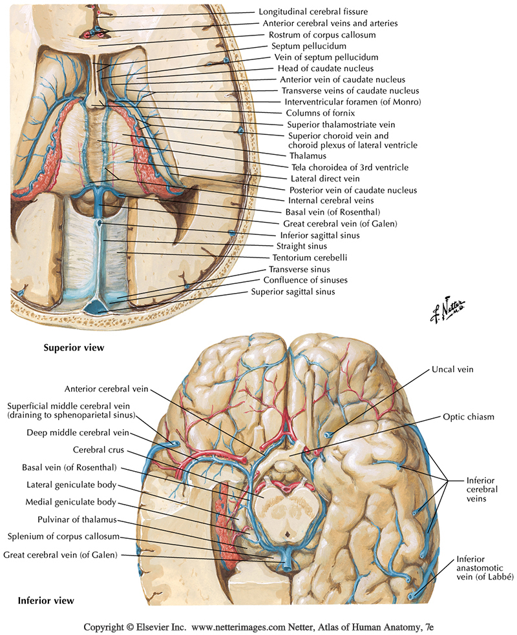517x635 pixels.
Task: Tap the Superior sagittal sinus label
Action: [293, 292]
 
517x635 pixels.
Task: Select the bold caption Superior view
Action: [73, 348]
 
